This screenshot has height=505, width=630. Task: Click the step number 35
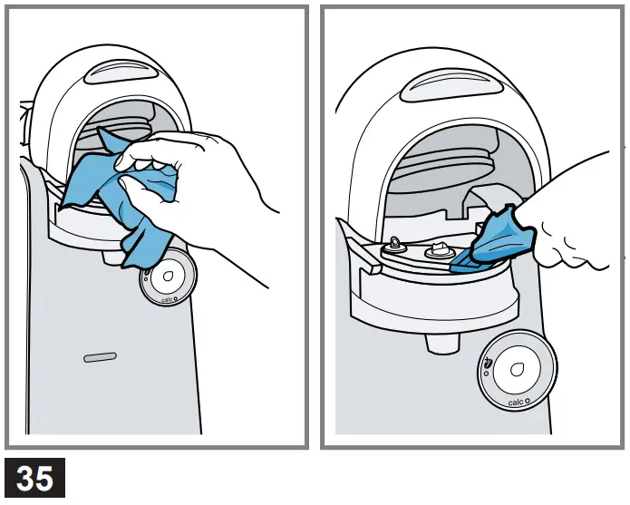[34, 478]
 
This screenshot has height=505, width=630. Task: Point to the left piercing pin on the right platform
[396, 244]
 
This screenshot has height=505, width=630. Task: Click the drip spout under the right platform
[441, 344]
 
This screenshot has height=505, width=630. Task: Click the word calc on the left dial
[167, 299]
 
